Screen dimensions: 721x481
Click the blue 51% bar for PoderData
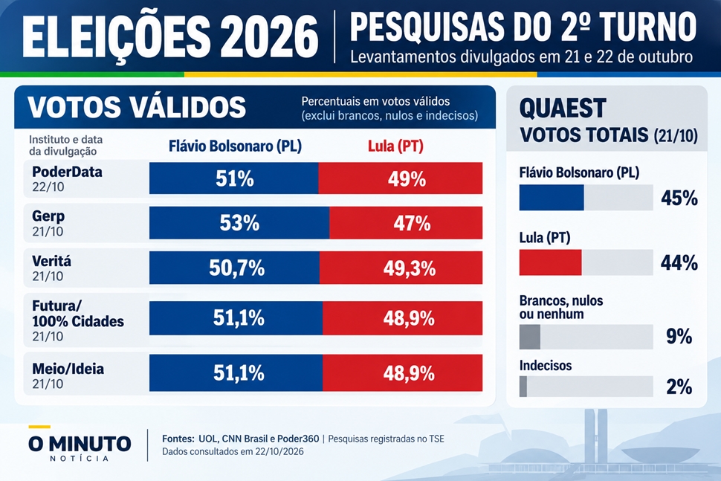pos(233,178)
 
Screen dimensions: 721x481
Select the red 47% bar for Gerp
pos(406,223)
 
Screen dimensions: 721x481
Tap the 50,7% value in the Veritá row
pos(237,268)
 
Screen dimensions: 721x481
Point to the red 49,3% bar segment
pos(401,268)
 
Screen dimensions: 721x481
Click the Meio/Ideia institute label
pos(68,369)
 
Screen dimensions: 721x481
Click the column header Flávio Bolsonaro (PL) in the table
pos(235,146)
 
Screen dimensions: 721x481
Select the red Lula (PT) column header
pos(395,146)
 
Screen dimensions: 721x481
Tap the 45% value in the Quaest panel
pos(679,198)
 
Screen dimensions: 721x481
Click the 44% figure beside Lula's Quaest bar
pos(679,263)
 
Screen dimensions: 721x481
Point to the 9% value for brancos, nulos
pos(679,337)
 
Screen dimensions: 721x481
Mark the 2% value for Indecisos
pos(679,387)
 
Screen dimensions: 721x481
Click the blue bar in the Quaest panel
pos(552,198)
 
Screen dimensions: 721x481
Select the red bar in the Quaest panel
pos(550,262)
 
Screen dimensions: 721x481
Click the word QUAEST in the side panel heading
pos(563,109)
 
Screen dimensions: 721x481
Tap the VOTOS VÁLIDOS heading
pos(137,107)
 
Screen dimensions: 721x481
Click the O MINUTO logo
pos(80,445)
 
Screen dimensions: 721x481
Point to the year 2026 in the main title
pos(269,37)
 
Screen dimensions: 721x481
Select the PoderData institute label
pos(67,172)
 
